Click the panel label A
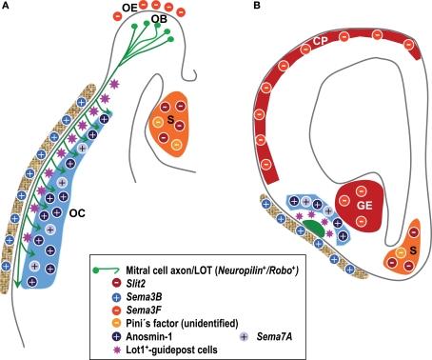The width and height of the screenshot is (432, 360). (x=7, y=8)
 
